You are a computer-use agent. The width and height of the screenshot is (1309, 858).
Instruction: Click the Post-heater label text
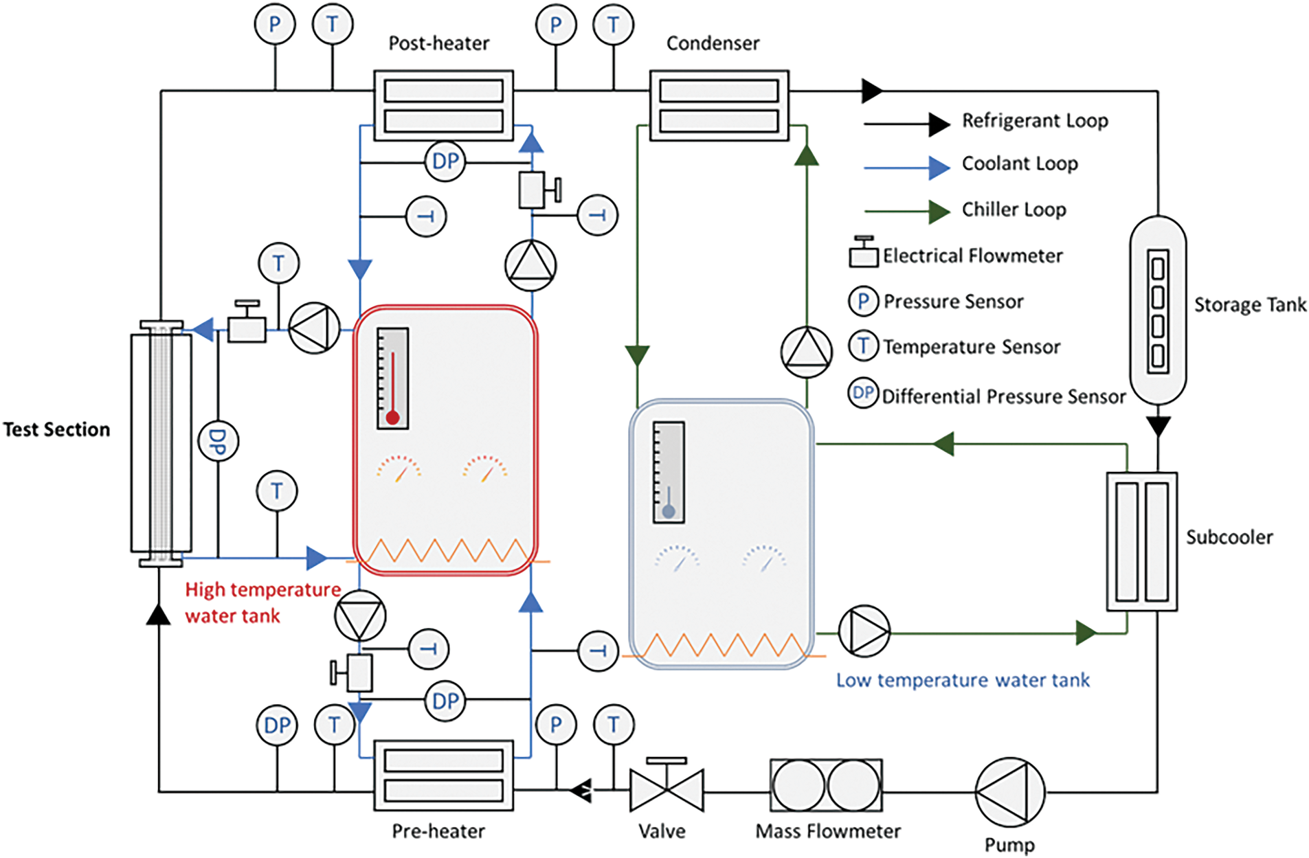coord(438,43)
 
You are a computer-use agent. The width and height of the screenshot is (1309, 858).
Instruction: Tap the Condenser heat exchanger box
coord(719,105)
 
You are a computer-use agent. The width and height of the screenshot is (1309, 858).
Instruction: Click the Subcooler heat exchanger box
coord(1141,541)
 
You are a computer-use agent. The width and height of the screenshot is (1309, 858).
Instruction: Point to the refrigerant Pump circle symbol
coord(1009,792)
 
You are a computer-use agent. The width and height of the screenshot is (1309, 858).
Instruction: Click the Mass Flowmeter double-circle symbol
coord(826,786)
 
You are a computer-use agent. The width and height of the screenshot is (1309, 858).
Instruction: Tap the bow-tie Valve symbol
coord(667,790)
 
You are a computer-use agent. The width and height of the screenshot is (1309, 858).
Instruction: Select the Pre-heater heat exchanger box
coord(443,775)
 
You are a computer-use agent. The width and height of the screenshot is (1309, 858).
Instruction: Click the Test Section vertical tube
coord(161,444)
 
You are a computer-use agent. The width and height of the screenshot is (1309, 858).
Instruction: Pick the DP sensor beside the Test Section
coord(218,441)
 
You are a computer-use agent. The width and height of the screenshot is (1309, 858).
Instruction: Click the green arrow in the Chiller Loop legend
coord(939,212)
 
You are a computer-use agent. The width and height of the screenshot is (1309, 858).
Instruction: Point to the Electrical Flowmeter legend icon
coord(863,252)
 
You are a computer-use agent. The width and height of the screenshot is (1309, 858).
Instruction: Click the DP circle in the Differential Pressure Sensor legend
coord(863,393)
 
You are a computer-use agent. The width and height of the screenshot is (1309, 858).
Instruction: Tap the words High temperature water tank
coord(262,602)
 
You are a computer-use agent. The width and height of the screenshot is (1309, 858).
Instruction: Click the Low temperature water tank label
coord(963,680)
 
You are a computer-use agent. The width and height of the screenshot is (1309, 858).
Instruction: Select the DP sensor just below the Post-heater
coord(445,161)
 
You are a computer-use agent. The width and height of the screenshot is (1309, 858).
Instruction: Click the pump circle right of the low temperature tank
coord(864,631)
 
